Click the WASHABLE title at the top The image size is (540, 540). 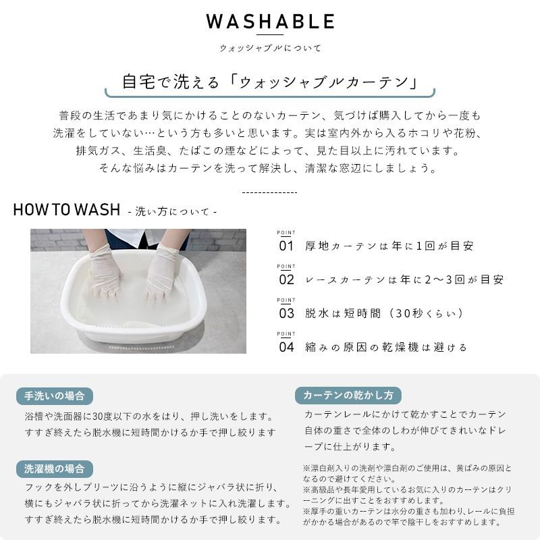point(270,22)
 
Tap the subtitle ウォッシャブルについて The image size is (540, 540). point(270,48)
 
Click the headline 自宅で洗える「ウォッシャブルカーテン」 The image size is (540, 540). point(269,82)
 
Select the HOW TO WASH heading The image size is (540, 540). point(66,209)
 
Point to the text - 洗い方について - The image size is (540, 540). point(172,211)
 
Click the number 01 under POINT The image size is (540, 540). point(286,246)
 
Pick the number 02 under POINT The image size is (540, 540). point(286,279)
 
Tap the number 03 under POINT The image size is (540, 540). point(286,313)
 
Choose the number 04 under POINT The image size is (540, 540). point(286,347)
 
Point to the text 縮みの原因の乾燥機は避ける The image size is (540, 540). point(386,348)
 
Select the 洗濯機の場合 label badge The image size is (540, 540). point(55,468)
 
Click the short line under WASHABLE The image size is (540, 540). point(270,35)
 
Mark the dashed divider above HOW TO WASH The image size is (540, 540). point(269,192)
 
